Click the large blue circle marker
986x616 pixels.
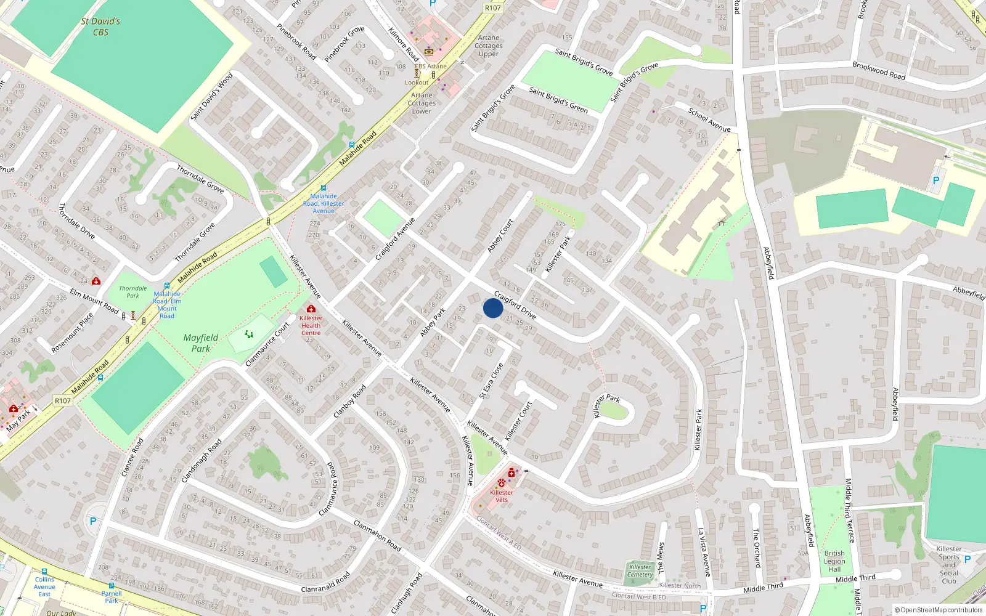(x=493, y=308)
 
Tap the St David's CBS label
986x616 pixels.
(x=100, y=26)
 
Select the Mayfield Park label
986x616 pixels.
(x=200, y=343)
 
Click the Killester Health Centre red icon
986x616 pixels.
(x=311, y=309)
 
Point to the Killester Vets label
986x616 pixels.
(x=502, y=496)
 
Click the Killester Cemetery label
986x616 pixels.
(x=640, y=571)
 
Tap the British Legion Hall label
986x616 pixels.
(x=834, y=561)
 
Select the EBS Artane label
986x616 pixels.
(x=430, y=66)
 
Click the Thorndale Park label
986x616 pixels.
(x=133, y=292)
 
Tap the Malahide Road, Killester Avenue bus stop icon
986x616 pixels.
(x=323, y=188)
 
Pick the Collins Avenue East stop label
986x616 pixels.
(x=44, y=586)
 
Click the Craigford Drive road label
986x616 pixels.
(x=515, y=306)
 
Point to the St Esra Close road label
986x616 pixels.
(x=491, y=381)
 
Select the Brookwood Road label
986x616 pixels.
(x=879, y=70)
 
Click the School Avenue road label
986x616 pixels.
(x=709, y=120)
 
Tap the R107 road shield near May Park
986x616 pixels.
(x=63, y=400)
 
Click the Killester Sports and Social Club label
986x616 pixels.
(x=949, y=565)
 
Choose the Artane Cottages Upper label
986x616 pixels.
(x=489, y=46)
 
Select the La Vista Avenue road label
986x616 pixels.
(x=704, y=551)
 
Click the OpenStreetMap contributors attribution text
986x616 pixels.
(x=939, y=610)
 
